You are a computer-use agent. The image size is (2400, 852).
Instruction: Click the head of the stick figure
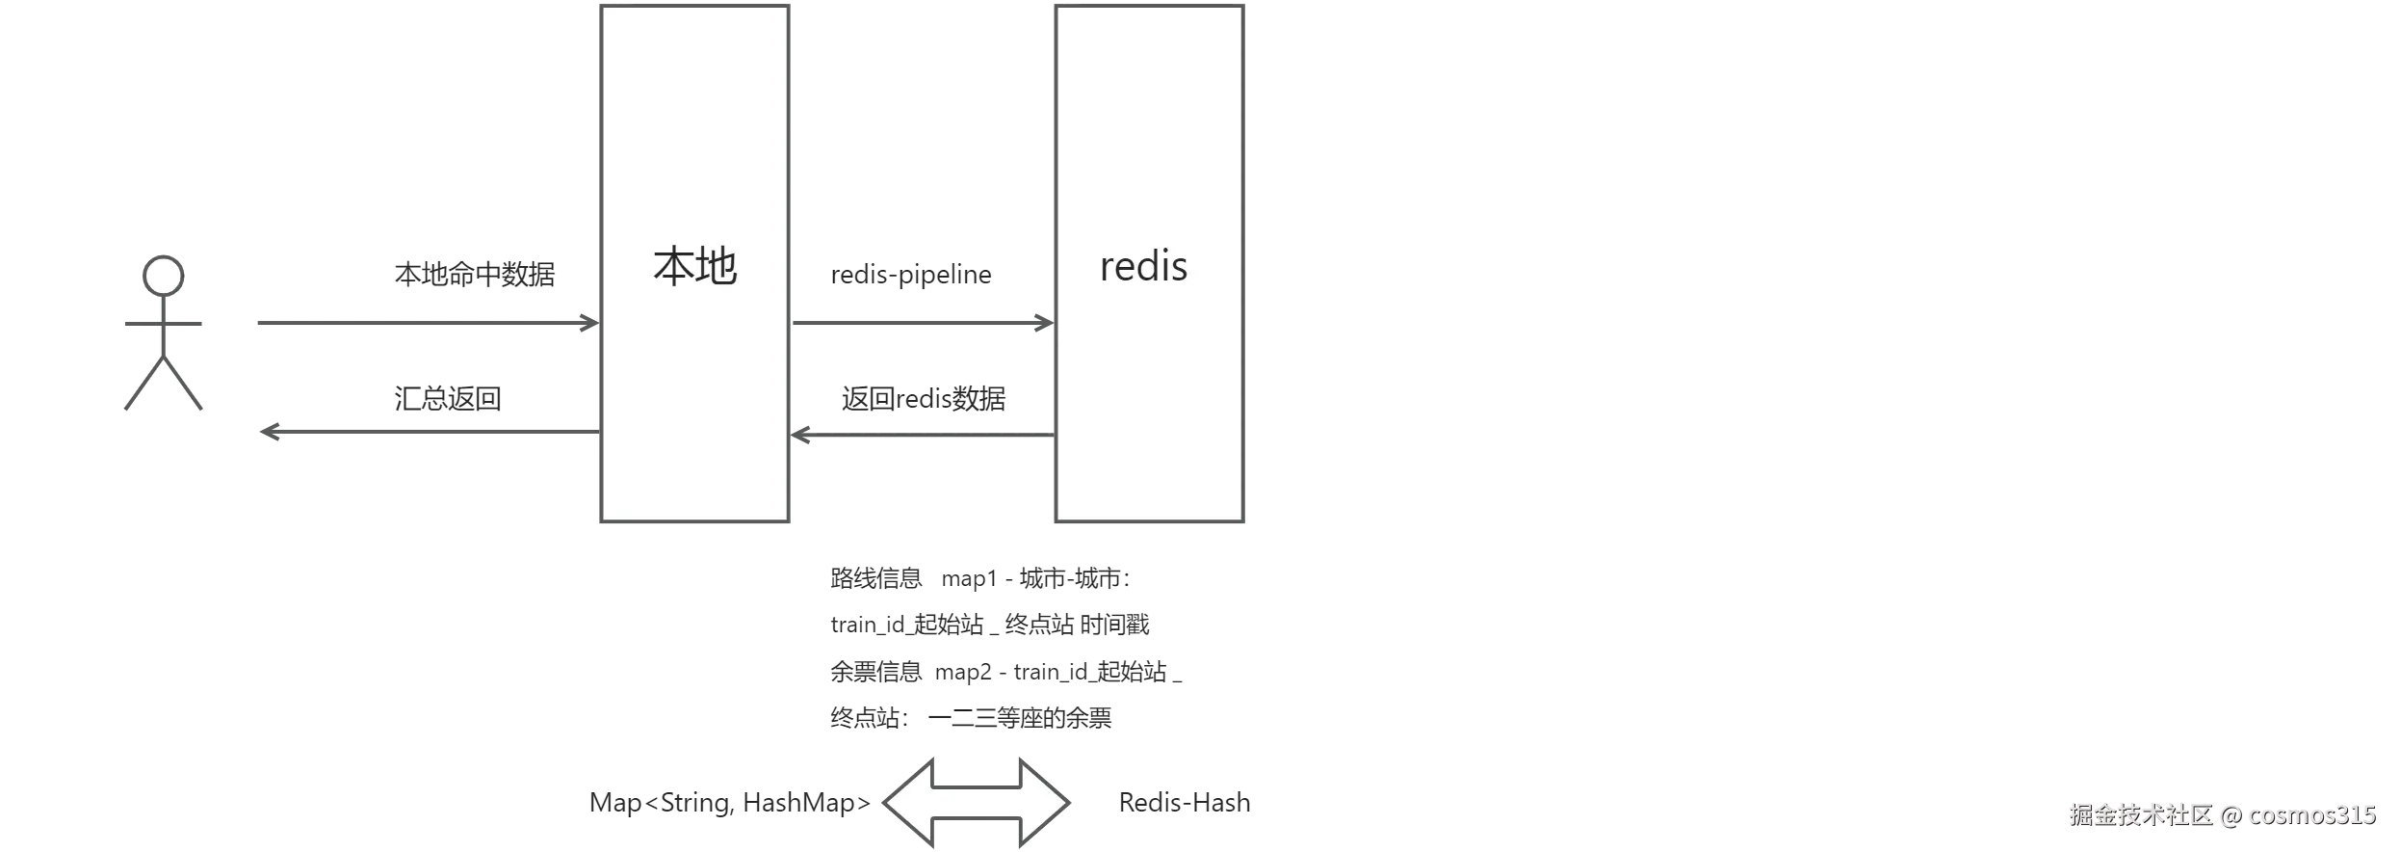[163, 276]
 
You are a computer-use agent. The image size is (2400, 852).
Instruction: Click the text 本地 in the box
[694, 266]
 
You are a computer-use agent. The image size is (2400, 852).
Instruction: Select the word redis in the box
[1143, 266]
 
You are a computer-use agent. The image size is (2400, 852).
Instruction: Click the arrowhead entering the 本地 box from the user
[587, 323]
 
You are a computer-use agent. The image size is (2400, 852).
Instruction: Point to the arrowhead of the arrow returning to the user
[270, 432]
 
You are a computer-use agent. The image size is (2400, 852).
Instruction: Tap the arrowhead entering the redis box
[1042, 323]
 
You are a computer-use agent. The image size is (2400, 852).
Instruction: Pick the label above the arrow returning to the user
[447, 399]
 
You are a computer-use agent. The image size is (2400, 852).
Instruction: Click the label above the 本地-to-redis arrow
[912, 277]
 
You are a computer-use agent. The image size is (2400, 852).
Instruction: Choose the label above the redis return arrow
[924, 399]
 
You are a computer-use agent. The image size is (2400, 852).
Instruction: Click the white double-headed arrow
[977, 803]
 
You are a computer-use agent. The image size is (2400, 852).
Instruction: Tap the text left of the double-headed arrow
[722, 803]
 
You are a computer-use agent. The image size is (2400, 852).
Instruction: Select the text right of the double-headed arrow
[1186, 803]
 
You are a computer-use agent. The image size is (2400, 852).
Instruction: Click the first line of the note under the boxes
[978, 578]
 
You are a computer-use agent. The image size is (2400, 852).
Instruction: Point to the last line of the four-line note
[970, 717]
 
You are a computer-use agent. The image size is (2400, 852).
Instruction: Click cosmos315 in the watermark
[2311, 814]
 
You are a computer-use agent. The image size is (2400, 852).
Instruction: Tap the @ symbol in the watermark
[2230, 814]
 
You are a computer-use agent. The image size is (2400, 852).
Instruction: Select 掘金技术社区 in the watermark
[2139, 814]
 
